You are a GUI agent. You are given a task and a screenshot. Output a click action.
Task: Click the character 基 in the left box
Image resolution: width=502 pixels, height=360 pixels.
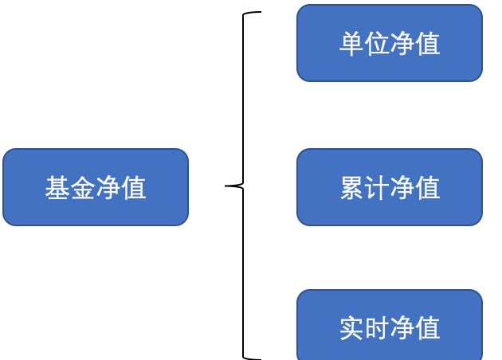pyautogui.click(x=57, y=189)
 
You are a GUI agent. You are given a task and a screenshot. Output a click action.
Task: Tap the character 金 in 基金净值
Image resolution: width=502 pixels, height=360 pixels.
pyautogui.click(x=83, y=189)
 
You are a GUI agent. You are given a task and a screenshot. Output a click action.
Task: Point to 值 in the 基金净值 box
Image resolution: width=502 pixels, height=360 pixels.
pyautogui.click(x=134, y=189)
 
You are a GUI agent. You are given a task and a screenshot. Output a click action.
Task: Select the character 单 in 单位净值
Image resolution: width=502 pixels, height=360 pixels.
pyautogui.click(x=351, y=44)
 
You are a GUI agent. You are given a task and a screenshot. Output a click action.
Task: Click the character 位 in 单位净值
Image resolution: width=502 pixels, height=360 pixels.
pyautogui.click(x=377, y=44)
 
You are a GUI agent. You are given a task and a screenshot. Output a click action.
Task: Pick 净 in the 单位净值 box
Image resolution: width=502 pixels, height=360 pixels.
pyautogui.click(x=402, y=44)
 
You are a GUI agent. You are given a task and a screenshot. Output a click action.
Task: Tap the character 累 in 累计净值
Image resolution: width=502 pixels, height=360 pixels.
pyautogui.click(x=351, y=189)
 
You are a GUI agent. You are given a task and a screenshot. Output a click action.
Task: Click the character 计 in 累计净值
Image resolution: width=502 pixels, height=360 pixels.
pyautogui.click(x=377, y=189)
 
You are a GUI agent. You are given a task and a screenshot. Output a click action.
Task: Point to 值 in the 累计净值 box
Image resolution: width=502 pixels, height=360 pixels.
pyautogui.click(x=428, y=189)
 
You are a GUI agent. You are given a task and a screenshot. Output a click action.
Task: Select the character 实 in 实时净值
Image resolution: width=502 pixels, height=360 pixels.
pyautogui.click(x=351, y=328)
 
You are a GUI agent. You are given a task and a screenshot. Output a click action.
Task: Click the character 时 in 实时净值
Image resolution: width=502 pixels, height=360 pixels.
pyautogui.click(x=377, y=328)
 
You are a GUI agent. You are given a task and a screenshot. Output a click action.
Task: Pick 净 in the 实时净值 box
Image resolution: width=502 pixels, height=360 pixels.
pyautogui.click(x=402, y=328)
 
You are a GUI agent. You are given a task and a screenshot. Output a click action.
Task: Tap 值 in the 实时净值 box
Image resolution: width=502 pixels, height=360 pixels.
pyautogui.click(x=428, y=328)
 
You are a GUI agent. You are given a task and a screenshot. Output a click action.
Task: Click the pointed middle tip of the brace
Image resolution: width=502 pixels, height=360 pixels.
pyautogui.click(x=227, y=186)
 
